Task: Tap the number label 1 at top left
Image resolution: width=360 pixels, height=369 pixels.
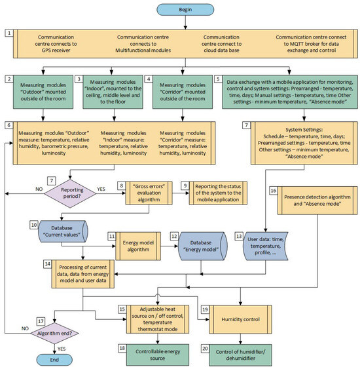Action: pyautogui.click(x=7, y=31)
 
